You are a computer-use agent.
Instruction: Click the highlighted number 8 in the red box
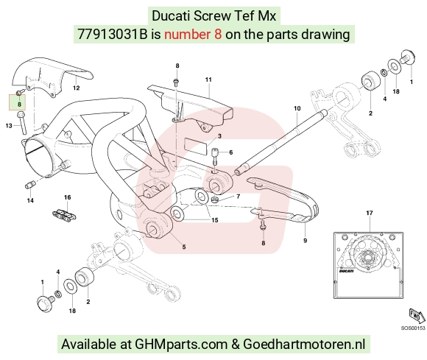tap(19, 104)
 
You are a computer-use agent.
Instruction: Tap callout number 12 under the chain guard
tap(77, 88)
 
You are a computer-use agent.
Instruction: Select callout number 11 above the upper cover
tap(208, 80)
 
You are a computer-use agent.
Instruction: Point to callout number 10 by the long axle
tap(297, 108)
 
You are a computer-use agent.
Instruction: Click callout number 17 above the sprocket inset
tap(370, 213)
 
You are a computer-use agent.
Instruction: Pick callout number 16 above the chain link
tap(67, 197)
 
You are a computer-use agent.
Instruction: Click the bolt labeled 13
tap(22, 122)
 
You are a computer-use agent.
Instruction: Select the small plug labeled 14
tap(29, 184)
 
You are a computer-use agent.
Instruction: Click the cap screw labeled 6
tap(215, 156)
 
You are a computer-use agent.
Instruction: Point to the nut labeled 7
tap(214, 200)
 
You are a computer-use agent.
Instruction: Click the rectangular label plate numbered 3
tap(195, 146)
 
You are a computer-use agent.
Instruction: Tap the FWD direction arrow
tap(417, 316)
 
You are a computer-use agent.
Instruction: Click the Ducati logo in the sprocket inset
tap(347, 271)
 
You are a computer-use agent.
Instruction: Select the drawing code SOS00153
tap(413, 328)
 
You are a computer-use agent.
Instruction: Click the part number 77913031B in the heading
tap(112, 35)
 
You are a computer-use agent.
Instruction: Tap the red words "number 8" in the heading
tap(193, 35)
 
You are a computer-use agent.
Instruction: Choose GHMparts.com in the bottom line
tap(181, 345)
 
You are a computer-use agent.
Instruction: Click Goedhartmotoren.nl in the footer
tap(304, 345)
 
